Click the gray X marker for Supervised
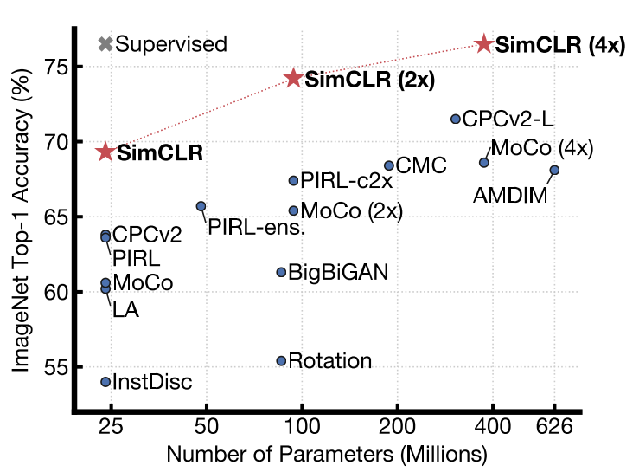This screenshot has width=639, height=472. coord(105,44)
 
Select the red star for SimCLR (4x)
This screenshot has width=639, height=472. coord(484,44)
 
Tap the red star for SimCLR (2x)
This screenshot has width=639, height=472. coord(293,79)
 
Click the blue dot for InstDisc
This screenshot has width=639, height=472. coord(105,382)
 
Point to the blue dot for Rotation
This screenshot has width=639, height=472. coord(281,361)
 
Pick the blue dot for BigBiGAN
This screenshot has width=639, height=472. coord(281,272)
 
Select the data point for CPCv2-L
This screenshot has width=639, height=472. coord(456,119)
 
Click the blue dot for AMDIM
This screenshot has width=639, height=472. coord(554,170)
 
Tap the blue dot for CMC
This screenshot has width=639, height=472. coord(389,165)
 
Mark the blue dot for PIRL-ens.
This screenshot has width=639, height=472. coord(201,206)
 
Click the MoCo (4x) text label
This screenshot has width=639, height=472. coord(542,148)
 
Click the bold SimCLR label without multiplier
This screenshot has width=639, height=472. coord(160,154)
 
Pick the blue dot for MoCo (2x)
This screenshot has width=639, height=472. coord(293,210)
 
